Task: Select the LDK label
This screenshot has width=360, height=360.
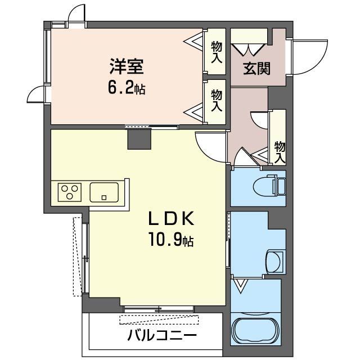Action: tap(171, 219)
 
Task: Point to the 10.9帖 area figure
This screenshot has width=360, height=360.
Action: tap(171, 241)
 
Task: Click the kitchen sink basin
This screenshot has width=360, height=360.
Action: tap(105, 192)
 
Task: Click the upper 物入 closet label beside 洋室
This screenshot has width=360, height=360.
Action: tap(217, 51)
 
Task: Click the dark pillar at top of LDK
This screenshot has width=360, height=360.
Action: tap(139, 138)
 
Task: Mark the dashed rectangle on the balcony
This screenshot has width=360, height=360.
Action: tap(160, 320)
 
